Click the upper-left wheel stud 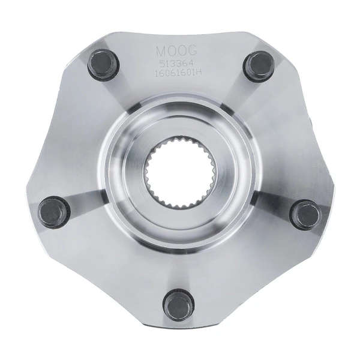coord(100,64)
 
